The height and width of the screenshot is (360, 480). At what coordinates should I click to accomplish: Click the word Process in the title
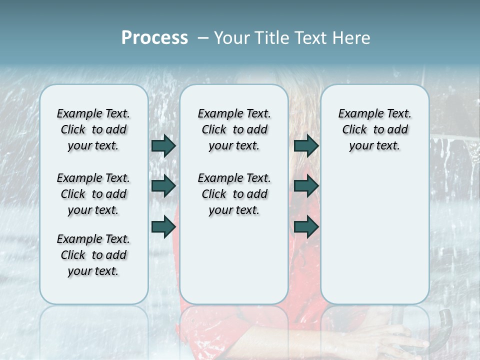click(x=154, y=38)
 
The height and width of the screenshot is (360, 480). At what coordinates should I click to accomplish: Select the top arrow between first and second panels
click(x=163, y=145)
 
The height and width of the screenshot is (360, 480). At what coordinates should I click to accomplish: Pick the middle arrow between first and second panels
click(x=163, y=186)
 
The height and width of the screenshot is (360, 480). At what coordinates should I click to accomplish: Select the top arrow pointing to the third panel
click(x=306, y=145)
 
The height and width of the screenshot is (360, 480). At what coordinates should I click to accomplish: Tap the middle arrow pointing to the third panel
click(x=306, y=186)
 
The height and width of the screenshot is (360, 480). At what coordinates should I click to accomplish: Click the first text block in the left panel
click(x=93, y=129)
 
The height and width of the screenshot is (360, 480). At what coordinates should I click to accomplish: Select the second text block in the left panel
click(x=93, y=194)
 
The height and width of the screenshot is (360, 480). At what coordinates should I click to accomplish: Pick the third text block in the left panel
click(x=93, y=255)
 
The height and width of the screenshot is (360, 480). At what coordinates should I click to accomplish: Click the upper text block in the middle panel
click(x=234, y=129)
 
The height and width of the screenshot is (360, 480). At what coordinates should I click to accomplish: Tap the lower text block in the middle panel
click(x=234, y=194)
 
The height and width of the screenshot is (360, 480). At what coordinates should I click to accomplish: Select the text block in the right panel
click(x=374, y=129)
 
